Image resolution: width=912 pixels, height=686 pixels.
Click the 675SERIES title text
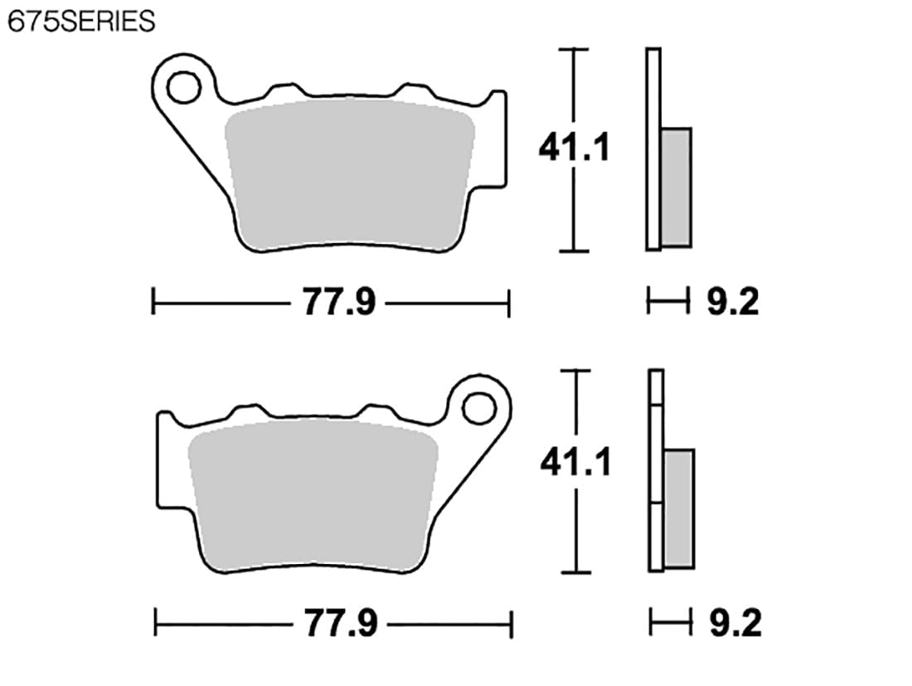81,22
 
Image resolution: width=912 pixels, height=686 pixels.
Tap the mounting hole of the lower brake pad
478,408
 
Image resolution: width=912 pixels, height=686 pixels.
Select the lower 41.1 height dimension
576,463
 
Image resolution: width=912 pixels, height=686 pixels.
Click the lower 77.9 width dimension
342,623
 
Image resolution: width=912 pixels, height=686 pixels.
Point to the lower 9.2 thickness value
735,623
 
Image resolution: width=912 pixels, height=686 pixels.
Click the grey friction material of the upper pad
349,174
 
